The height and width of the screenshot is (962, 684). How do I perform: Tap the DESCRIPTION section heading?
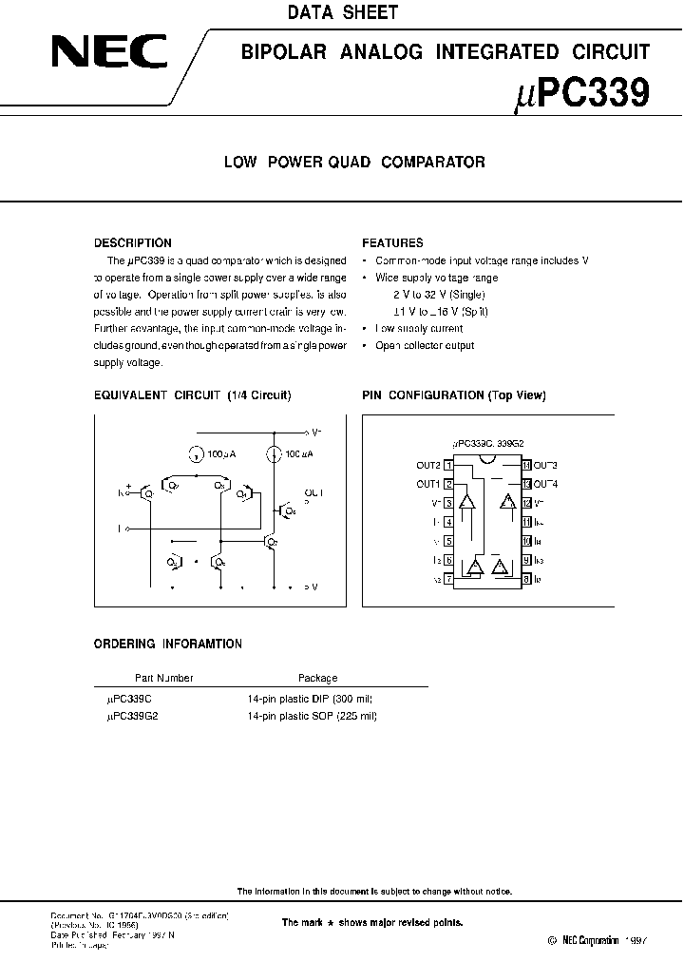tap(133, 243)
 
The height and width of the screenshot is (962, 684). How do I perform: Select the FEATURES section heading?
tap(392, 243)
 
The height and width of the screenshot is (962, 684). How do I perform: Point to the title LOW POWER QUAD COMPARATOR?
tap(354, 163)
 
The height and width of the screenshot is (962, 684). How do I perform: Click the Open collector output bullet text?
tap(425, 346)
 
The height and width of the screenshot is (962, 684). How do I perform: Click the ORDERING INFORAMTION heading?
tap(167, 645)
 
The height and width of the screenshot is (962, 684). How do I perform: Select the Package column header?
tap(317, 679)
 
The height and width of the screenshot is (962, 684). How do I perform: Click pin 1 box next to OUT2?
tap(448, 465)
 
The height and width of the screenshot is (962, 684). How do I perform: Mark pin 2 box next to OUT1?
tap(448, 484)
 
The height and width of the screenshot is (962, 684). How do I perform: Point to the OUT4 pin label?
tap(545, 484)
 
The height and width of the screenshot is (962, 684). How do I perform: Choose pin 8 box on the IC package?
tap(525, 578)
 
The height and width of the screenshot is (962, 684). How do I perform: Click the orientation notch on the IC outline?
tap(487, 461)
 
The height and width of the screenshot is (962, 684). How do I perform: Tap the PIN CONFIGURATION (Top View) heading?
tap(454, 395)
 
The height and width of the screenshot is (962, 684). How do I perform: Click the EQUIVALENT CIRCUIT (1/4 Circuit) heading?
tap(192, 395)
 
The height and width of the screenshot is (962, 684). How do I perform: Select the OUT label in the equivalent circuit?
tap(313, 493)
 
